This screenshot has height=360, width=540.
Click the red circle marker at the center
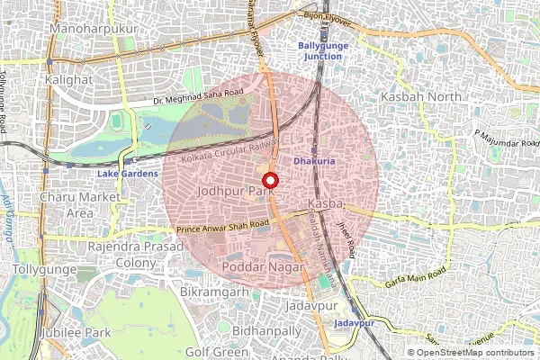point(270,180)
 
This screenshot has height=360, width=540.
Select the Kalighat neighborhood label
point(68,79)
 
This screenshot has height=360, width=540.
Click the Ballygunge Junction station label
point(321,50)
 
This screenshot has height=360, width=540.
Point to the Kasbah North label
point(419,95)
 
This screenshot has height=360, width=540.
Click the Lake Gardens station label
point(128,173)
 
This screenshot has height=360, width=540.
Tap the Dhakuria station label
point(314,161)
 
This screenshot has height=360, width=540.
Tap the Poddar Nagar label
point(266,268)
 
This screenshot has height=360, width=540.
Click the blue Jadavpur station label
point(354,322)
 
